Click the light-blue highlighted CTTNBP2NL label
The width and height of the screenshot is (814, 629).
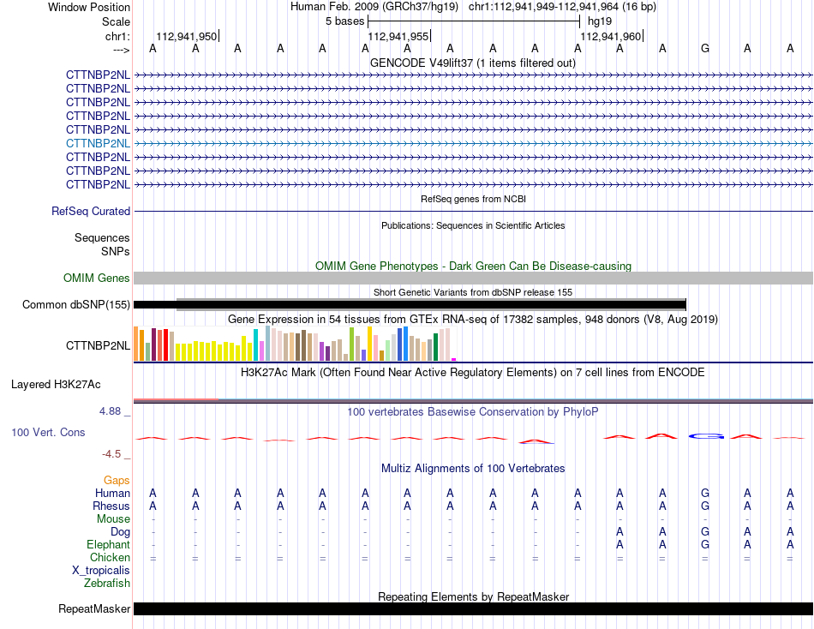(x=98, y=143)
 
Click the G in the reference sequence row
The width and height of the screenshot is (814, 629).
(x=704, y=48)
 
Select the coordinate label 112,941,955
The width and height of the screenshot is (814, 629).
(x=398, y=36)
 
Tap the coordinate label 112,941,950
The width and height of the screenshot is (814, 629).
(x=187, y=36)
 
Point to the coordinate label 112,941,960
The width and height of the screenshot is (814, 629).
(x=610, y=36)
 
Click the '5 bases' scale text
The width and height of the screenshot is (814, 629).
(x=344, y=21)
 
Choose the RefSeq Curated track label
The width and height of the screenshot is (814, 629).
(x=91, y=212)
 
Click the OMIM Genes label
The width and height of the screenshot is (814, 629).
(x=97, y=278)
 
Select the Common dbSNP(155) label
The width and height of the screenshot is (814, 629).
(x=76, y=305)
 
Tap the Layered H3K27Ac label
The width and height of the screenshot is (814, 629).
(x=56, y=385)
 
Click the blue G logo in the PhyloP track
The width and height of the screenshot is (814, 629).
(x=706, y=436)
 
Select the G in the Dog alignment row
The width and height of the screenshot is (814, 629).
(x=704, y=532)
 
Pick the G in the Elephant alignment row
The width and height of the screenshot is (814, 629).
(x=704, y=545)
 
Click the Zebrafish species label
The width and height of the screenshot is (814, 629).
(x=107, y=584)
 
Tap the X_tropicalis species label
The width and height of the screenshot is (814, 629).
(x=101, y=571)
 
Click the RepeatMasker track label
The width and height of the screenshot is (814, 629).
(x=94, y=608)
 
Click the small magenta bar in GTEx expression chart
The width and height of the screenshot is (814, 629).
(x=454, y=359)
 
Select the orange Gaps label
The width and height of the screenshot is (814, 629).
(x=117, y=481)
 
